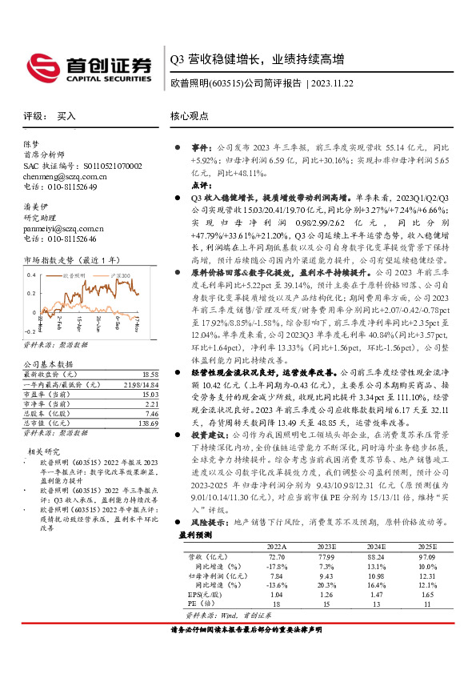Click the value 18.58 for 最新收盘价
150,375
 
